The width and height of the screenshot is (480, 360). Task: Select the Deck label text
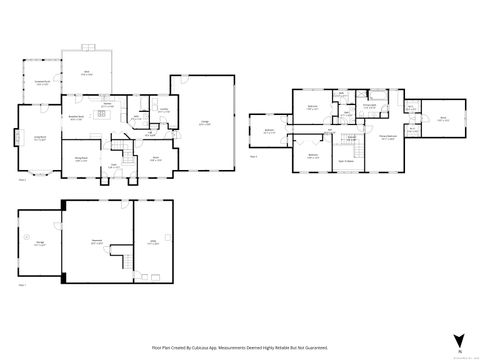coord(85,74)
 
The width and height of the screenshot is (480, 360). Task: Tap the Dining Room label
coord(80,157)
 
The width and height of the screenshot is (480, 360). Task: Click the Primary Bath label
coord(369,105)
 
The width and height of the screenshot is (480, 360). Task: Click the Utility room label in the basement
coord(154,241)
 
